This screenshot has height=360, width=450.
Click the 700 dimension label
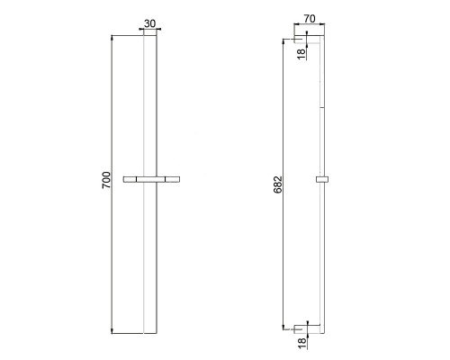click(x=107, y=180)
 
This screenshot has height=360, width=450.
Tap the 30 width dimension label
click(x=150, y=23)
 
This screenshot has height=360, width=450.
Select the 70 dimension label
click(x=310, y=19)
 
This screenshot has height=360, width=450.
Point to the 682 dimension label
click(x=278, y=184)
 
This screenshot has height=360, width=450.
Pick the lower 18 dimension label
click(x=302, y=343)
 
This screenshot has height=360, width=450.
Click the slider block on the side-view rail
click(x=322, y=179)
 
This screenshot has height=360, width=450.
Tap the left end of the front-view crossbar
click(x=123, y=179)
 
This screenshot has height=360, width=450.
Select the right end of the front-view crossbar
click(x=179, y=179)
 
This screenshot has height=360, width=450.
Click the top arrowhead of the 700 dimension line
click(x=112, y=37)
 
